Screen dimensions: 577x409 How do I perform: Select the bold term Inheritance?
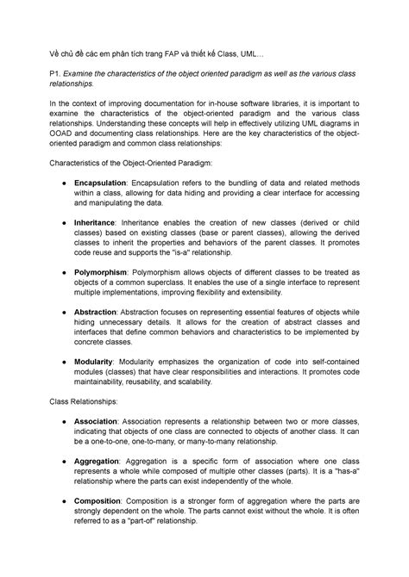tap(95, 222)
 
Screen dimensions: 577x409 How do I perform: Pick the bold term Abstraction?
tap(96, 310)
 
